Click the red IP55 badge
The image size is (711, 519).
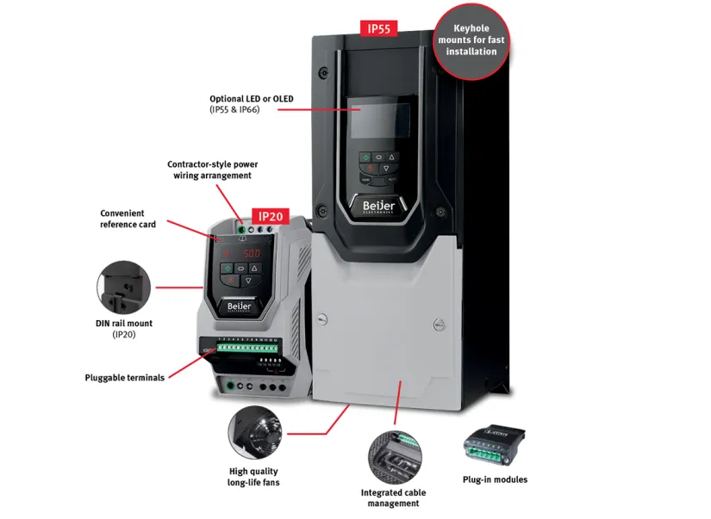pos(378,29)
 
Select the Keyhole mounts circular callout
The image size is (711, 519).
pos(471,40)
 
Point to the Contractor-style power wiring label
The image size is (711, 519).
pos(212,170)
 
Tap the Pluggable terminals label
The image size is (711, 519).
pos(125,377)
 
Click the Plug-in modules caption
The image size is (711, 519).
pos(495,479)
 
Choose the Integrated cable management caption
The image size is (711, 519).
pos(393,497)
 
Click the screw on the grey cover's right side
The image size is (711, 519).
pos(439,324)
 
